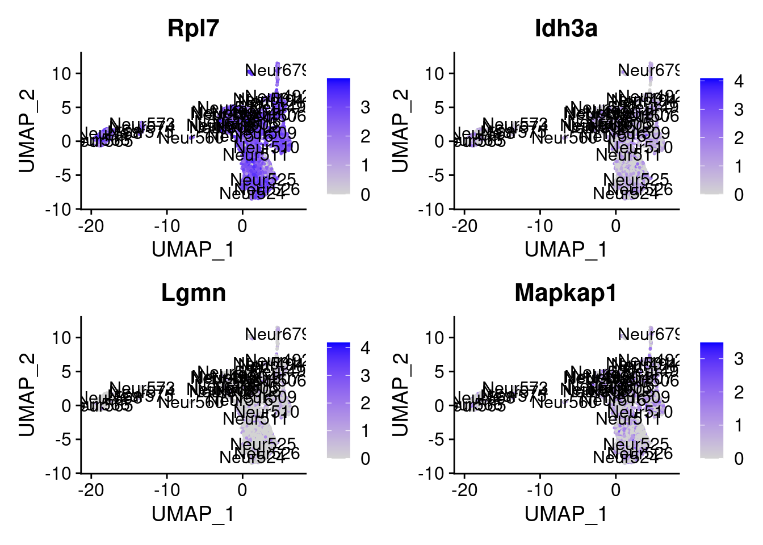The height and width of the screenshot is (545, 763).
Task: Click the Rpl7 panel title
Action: [x=193, y=28]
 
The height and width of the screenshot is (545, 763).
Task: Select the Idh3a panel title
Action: [x=566, y=28]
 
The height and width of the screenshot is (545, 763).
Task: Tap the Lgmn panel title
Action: [x=193, y=293]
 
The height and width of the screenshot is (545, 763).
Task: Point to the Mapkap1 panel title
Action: [x=566, y=293]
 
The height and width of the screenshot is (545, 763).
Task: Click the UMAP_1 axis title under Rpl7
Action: [x=193, y=249]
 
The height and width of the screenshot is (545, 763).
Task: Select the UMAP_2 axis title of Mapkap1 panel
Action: [x=400, y=395]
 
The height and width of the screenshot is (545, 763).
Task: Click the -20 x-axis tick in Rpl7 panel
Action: [x=91, y=226]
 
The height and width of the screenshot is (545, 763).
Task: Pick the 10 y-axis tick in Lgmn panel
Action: [x=61, y=338]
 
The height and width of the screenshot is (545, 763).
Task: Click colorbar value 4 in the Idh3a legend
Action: [x=738, y=82]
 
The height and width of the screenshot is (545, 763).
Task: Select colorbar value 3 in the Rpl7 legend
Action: [x=365, y=107]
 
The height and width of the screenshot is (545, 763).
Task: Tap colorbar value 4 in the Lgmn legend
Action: [x=365, y=348]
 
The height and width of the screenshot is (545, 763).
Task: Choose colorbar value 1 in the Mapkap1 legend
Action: [x=738, y=426]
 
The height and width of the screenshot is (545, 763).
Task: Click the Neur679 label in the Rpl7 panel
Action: [x=276, y=70]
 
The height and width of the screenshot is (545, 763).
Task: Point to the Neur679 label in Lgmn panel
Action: [x=276, y=334]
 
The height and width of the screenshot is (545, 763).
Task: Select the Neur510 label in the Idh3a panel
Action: [x=640, y=148]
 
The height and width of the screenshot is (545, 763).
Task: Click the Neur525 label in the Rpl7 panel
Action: [x=263, y=179]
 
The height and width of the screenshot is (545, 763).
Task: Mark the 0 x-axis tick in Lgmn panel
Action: [x=242, y=490]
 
